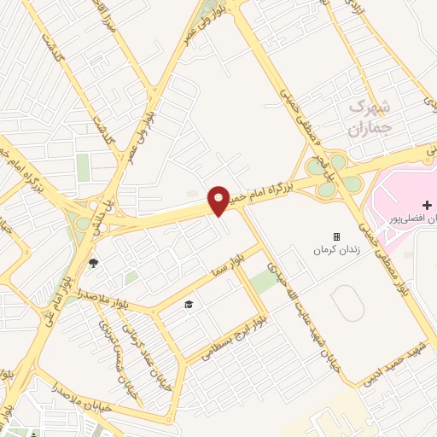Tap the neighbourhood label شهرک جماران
(x=369, y=118)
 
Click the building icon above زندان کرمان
(x=337, y=236)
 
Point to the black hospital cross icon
(x=426, y=205)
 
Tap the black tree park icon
(x=92, y=263)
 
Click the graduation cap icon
(x=189, y=304)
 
